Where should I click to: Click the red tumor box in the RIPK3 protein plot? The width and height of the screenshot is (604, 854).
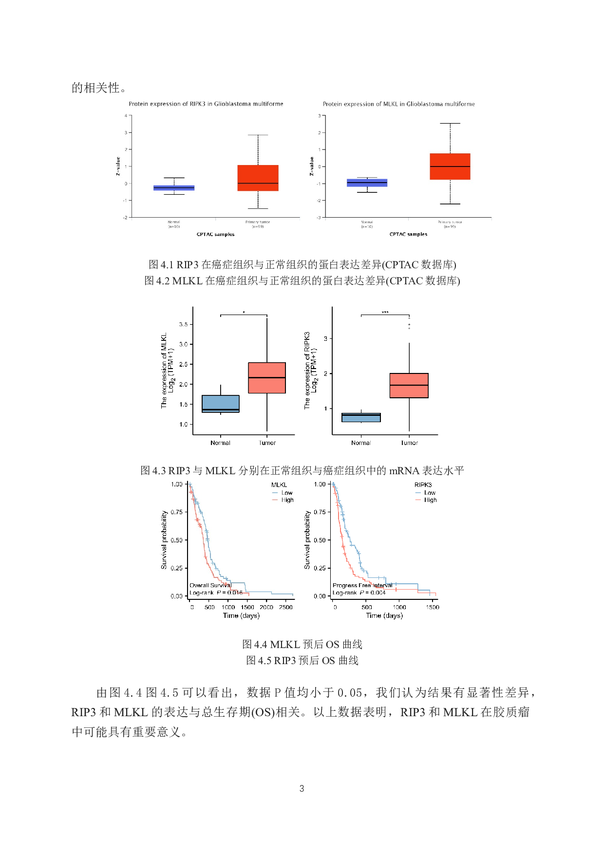(x=258, y=178)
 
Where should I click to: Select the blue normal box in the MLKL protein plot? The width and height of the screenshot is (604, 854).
(x=367, y=183)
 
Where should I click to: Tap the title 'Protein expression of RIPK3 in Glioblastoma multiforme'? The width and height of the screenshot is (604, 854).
(x=206, y=104)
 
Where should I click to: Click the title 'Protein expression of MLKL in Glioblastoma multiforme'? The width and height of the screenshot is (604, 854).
(x=398, y=104)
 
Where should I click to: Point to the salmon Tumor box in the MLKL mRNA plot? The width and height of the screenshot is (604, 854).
(x=267, y=378)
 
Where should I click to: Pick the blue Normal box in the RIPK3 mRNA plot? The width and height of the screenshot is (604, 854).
(x=361, y=417)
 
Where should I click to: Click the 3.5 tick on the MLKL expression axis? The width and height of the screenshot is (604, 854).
(x=184, y=324)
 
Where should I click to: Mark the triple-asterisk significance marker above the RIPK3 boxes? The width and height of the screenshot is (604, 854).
(x=385, y=313)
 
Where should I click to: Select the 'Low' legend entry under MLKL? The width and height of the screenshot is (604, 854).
(x=287, y=493)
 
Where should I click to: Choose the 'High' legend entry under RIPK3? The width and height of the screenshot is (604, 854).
(x=430, y=500)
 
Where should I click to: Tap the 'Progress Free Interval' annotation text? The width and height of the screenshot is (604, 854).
(x=362, y=585)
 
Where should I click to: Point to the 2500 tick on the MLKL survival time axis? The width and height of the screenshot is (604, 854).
(x=286, y=607)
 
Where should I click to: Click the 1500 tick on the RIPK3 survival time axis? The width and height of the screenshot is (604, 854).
(x=433, y=607)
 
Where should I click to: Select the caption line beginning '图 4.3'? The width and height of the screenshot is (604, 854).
(x=302, y=470)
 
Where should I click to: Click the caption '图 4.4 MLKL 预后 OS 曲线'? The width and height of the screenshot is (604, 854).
(x=302, y=644)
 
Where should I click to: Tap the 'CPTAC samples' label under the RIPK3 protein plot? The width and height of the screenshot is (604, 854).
(x=215, y=234)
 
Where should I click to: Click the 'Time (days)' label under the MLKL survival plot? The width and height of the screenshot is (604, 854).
(x=241, y=615)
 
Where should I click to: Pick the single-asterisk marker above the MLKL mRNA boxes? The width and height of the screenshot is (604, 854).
(x=244, y=313)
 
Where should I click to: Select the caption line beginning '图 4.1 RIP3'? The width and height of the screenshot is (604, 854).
(x=302, y=264)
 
